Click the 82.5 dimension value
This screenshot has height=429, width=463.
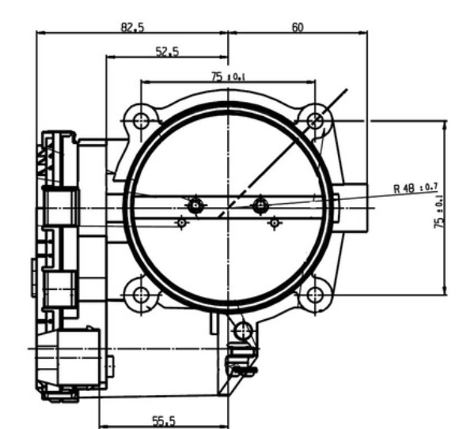pos(132,27)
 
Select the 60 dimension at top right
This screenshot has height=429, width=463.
pos(298,27)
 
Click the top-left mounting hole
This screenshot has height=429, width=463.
pos(142,121)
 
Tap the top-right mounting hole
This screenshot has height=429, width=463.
pos(316,120)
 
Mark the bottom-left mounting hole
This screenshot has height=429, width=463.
pos(142,295)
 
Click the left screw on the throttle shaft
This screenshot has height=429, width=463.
pos(195,205)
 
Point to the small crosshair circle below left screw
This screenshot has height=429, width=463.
pos(181,224)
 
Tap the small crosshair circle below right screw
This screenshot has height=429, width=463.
pos(274,224)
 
